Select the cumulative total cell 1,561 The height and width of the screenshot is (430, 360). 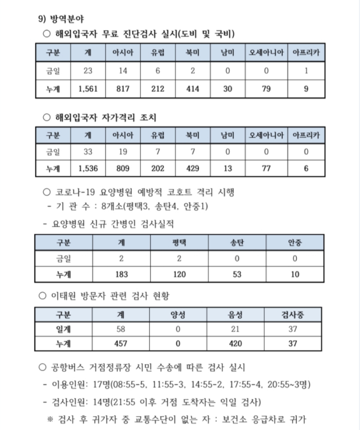(x=88, y=89)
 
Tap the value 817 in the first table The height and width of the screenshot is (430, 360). (x=123, y=89)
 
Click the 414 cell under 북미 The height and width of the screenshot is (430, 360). (x=192, y=89)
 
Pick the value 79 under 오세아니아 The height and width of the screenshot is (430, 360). (x=266, y=89)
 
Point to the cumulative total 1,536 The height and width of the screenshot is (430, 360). (x=88, y=168)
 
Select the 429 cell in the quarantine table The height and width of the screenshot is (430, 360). (x=192, y=168)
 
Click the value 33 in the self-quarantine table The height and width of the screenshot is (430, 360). (x=88, y=152)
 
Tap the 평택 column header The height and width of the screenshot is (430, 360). (x=179, y=242)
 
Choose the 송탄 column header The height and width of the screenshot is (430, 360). (x=237, y=242)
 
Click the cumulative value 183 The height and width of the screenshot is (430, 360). (x=121, y=274)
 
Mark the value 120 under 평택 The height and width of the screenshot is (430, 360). (x=179, y=274)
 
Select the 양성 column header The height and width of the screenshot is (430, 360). (x=178, y=315)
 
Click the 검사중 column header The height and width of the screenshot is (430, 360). (x=293, y=315)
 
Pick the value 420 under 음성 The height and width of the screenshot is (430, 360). (x=235, y=343)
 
